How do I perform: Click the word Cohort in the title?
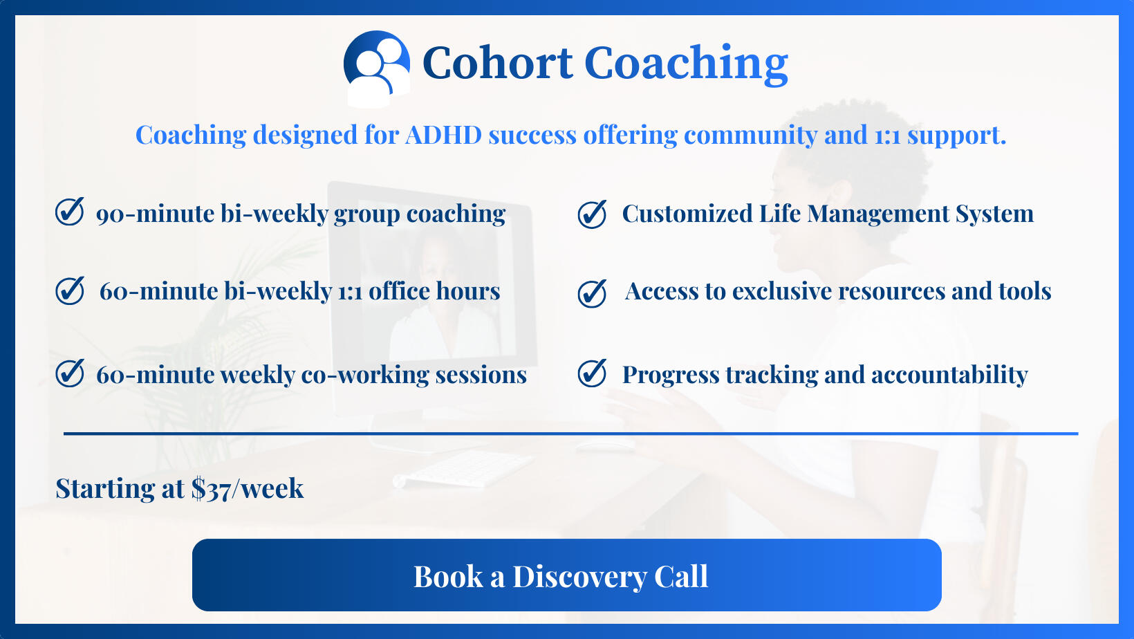[498, 63]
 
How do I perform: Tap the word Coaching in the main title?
[686, 64]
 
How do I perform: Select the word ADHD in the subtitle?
[443, 135]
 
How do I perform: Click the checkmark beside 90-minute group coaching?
[69, 212]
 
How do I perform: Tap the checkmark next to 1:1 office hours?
[69, 290]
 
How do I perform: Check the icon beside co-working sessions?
[69, 373]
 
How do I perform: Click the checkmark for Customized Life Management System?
[592, 214]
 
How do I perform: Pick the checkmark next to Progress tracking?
[592, 373]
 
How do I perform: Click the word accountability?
[949, 376]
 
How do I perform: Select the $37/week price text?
[248, 489]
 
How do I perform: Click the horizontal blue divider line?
[570, 434]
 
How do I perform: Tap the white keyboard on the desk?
[463, 468]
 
